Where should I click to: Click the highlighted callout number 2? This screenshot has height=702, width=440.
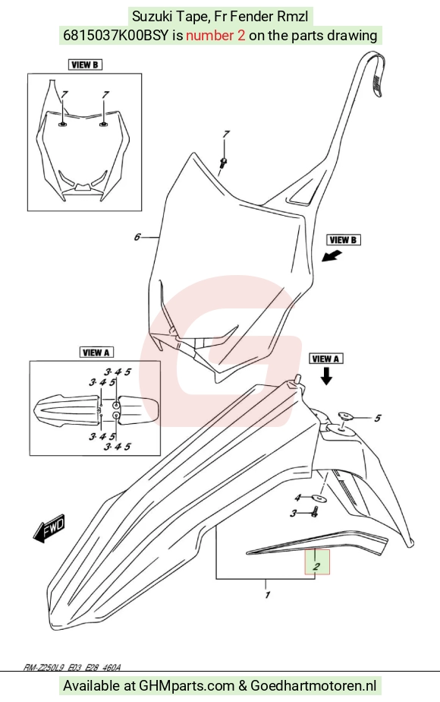click(316, 566)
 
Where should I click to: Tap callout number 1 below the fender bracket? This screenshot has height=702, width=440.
click(267, 595)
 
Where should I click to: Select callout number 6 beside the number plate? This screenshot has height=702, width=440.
click(137, 237)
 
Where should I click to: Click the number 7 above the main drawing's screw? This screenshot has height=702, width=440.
click(226, 134)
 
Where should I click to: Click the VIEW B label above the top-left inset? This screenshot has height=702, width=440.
click(85, 65)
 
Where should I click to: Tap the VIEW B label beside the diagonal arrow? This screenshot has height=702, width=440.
click(343, 240)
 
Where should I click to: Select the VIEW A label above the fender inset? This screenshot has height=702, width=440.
click(96, 353)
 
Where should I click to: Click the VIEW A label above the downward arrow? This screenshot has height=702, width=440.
click(326, 359)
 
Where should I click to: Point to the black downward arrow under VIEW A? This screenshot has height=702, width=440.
click(326, 376)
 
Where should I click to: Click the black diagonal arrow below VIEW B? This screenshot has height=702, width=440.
click(332, 257)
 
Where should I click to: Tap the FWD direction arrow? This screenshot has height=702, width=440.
click(49, 528)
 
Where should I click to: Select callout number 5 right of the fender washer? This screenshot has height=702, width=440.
click(378, 418)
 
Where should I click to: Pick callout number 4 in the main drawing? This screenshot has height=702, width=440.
click(298, 498)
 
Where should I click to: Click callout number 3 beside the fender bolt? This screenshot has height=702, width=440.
click(294, 514)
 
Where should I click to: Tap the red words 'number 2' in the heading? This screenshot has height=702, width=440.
click(215, 36)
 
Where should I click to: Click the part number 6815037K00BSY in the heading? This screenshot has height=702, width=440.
click(116, 36)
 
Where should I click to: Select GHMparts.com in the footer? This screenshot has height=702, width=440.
click(187, 685)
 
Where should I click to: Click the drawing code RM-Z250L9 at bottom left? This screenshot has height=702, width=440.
click(44, 668)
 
